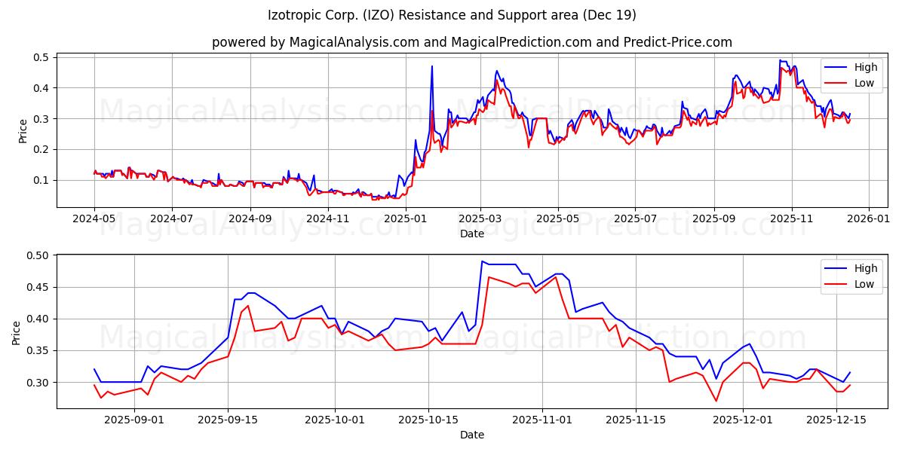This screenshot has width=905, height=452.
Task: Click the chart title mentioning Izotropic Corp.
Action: [x=452, y=15]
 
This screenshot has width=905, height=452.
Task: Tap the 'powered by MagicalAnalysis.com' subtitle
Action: [x=471, y=42]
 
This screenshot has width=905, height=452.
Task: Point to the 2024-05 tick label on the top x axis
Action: [x=94, y=218]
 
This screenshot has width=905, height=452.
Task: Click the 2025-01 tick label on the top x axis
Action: [x=405, y=218]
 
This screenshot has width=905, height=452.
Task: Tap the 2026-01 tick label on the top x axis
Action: [x=869, y=218]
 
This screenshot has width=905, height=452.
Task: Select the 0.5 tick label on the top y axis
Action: [x=41, y=57]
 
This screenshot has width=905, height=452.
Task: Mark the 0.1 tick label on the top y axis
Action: [x=41, y=180]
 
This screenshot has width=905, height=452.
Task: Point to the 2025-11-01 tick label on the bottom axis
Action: [x=542, y=420]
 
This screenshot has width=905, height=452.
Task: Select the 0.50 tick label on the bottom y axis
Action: [x=38, y=255]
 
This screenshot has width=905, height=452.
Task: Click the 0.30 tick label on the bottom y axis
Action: [x=38, y=383]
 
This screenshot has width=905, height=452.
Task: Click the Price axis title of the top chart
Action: [x=23, y=131]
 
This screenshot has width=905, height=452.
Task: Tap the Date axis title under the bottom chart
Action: [x=471, y=435]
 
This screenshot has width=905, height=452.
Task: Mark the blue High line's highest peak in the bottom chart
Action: [x=482, y=261]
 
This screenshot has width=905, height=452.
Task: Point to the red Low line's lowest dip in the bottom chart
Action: [x=716, y=401]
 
